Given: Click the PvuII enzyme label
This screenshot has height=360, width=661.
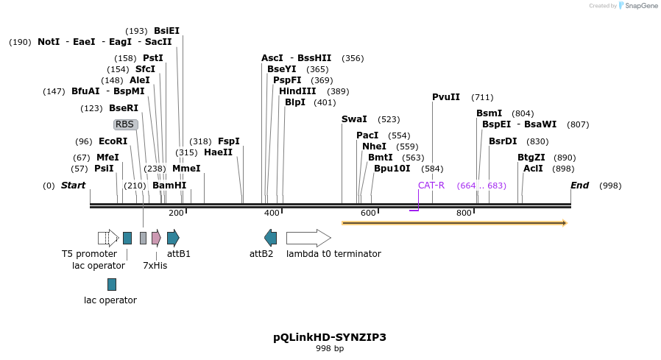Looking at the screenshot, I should [446, 97].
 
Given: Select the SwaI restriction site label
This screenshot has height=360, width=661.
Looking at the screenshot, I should [354, 119].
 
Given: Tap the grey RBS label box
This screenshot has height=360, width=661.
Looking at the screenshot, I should [125, 124].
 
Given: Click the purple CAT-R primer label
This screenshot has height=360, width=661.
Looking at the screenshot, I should [431, 186].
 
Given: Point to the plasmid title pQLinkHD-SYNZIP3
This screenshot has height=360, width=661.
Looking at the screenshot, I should [330, 337].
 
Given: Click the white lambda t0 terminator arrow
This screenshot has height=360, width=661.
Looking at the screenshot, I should [308, 238].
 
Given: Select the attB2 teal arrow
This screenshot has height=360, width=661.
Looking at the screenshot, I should [271, 238].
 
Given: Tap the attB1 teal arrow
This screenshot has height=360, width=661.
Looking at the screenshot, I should [173, 238].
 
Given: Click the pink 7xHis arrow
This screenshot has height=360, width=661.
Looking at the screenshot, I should [156, 238].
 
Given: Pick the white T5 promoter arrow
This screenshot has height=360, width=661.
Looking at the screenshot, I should [108, 238].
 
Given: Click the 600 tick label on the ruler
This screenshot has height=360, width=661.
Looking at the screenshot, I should [368, 213].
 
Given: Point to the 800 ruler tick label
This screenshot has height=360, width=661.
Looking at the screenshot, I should [464, 213].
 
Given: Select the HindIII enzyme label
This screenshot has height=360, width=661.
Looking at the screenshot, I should [297, 91].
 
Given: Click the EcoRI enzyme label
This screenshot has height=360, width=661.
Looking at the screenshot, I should [113, 141].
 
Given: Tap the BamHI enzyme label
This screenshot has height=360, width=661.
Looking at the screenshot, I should [169, 186].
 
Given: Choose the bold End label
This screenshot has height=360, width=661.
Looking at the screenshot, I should [580, 186].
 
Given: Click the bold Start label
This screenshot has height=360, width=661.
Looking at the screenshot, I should [73, 186].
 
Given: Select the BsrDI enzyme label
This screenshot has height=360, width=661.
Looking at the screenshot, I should [503, 141].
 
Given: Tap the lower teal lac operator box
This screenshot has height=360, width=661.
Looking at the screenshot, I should [112, 284].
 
